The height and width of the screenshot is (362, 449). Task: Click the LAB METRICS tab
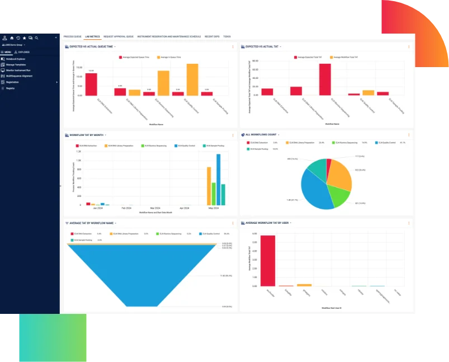click(x=93, y=36)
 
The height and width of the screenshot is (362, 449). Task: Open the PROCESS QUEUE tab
click(x=73, y=36)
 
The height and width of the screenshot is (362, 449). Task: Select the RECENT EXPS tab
click(x=212, y=36)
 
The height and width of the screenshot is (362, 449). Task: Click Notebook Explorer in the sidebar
click(x=16, y=59)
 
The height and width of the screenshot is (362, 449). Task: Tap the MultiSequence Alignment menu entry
click(x=19, y=76)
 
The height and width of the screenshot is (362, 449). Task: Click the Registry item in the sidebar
click(x=11, y=88)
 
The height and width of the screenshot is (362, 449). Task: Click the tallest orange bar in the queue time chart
click(x=192, y=79)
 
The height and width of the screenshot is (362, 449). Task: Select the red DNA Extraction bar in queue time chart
click(x=91, y=84)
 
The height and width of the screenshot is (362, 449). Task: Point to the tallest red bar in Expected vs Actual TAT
click(x=325, y=79)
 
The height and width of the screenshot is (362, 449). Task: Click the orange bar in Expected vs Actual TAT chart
click(x=368, y=93)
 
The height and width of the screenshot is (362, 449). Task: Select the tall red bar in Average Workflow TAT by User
click(x=268, y=260)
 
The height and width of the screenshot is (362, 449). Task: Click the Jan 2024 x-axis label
click(x=97, y=208)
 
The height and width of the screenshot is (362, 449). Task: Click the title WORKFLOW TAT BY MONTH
click(x=87, y=135)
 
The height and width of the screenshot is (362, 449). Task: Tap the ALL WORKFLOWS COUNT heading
click(x=261, y=135)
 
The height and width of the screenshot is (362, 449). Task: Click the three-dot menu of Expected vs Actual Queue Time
click(x=233, y=46)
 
